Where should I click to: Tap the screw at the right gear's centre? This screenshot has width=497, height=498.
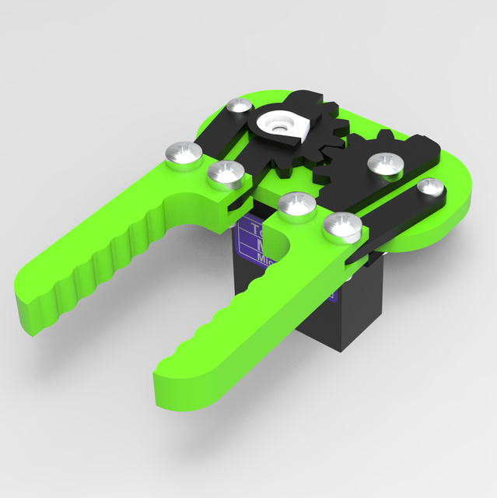[x=384, y=164]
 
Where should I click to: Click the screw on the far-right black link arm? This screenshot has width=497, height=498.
[x=429, y=187]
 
